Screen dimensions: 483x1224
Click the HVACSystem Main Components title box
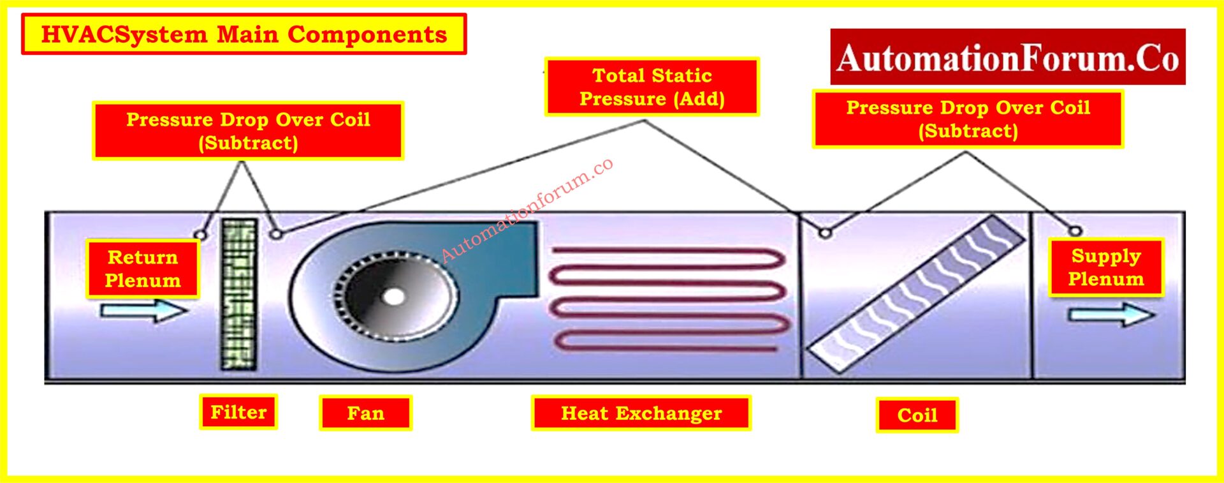[x=244, y=34]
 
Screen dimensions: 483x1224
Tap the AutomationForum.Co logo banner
[x=1007, y=57]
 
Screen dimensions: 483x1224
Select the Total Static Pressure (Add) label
[x=652, y=87]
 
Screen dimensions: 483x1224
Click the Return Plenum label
[x=143, y=269]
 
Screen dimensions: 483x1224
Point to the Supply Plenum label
[x=1105, y=267]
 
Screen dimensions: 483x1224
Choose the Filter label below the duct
[x=238, y=412]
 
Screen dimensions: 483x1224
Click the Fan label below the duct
[x=365, y=413]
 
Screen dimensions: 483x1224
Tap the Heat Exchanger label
[x=641, y=413]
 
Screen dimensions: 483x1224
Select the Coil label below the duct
[x=917, y=415]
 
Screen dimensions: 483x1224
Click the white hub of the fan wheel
[x=393, y=297]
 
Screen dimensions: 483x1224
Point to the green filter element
[x=239, y=294]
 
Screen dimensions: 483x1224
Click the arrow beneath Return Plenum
[x=144, y=311]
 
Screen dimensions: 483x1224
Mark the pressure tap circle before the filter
[x=200, y=235]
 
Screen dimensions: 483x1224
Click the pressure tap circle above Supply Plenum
[x=1075, y=231]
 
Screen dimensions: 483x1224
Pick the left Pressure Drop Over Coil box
[x=248, y=131]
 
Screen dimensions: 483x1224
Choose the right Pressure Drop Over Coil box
[x=967, y=119]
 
